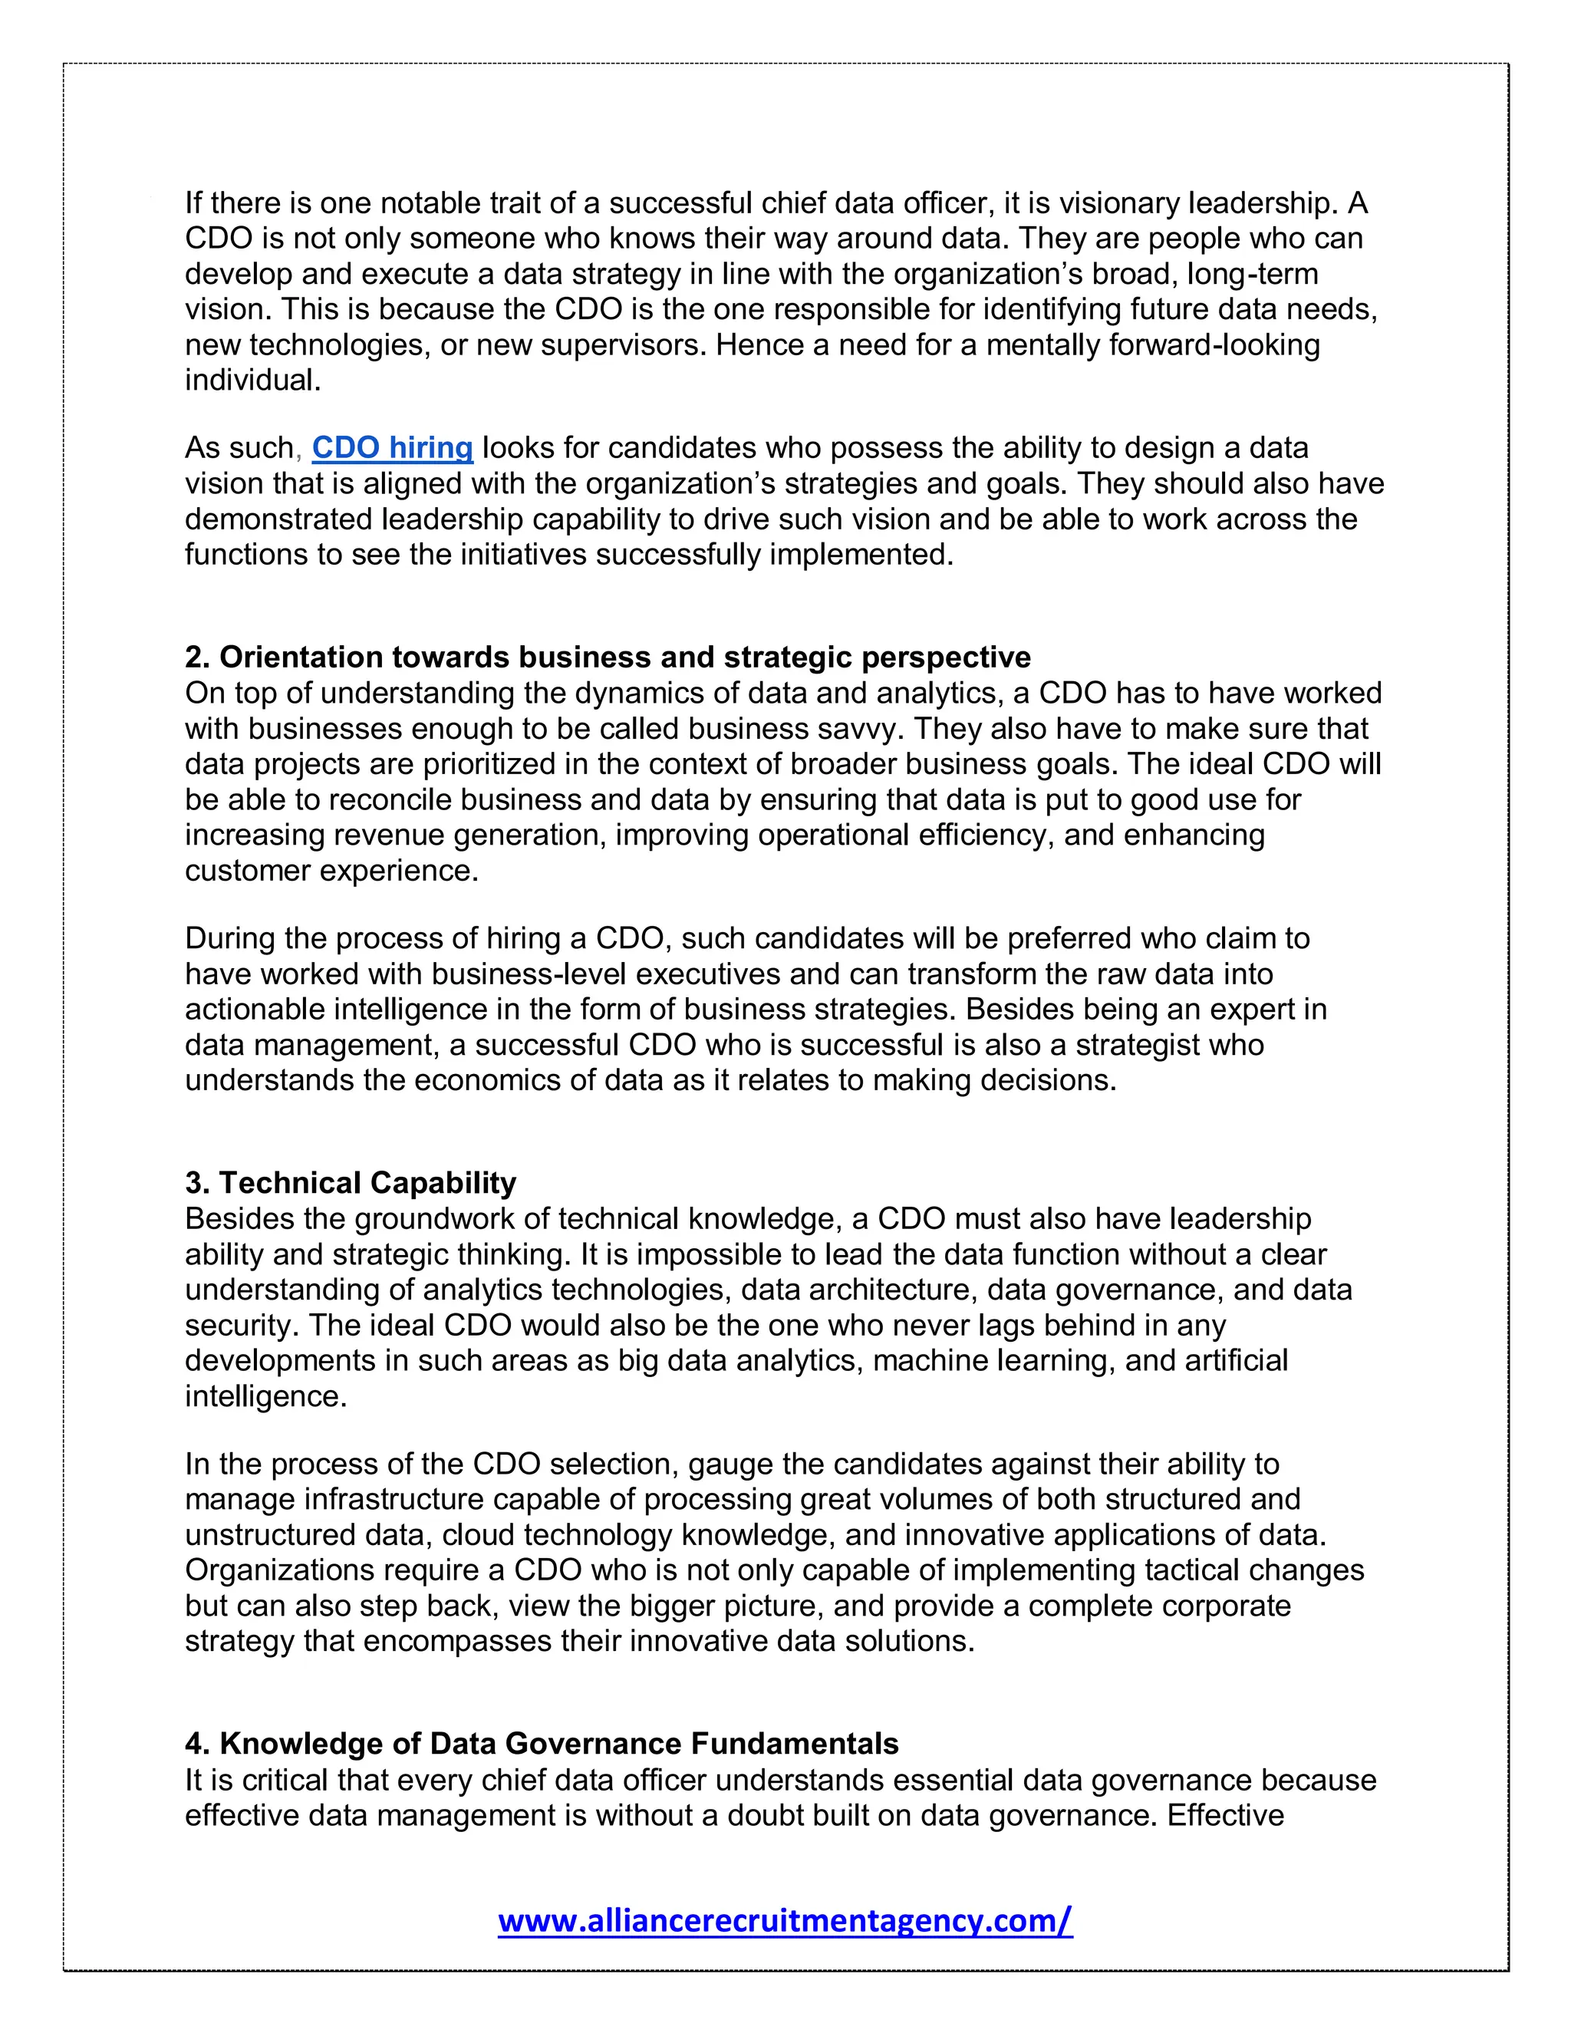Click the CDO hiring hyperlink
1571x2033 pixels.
tap(392, 448)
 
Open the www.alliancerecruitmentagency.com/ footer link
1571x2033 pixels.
tap(785, 1919)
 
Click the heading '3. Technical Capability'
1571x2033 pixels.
tap(350, 1183)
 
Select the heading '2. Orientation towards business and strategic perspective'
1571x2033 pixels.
tap(607, 657)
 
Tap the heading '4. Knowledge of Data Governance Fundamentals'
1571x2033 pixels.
tap(542, 1744)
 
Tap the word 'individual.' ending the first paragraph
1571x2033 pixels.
tap(252, 380)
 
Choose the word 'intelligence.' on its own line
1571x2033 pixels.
tap(265, 1395)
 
